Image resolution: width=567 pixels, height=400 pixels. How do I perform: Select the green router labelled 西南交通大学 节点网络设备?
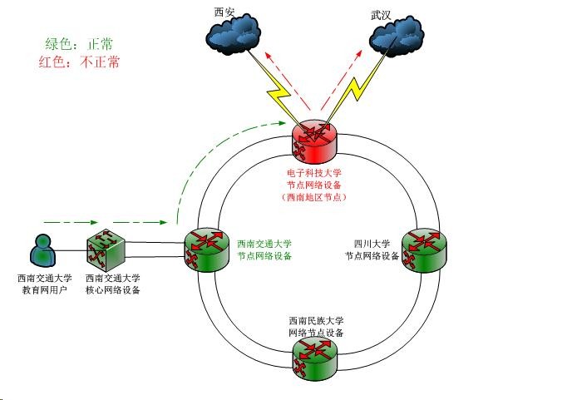[205, 249]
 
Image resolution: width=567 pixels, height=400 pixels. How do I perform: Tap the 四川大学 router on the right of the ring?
[423, 249]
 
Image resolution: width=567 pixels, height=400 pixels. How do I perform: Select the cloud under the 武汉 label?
[397, 37]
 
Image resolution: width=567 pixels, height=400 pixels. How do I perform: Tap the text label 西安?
[224, 11]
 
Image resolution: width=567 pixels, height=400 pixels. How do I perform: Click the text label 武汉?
[382, 15]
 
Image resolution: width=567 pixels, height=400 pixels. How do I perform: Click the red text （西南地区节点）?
[313, 197]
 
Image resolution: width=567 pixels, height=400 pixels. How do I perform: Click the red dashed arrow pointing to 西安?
[283, 75]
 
